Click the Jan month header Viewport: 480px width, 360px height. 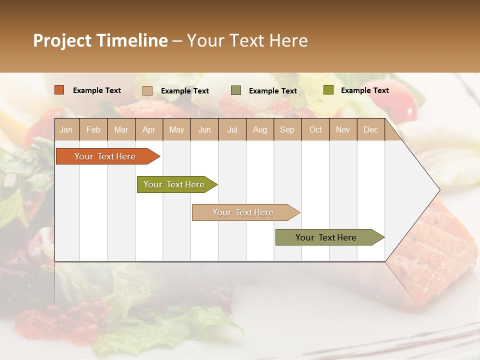[x=66, y=129]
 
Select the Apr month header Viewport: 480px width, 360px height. [x=148, y=129]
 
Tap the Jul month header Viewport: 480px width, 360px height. [x=232, y=129]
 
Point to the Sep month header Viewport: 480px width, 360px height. [x=287, y=129]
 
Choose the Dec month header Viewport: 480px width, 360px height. [x=370, y=129]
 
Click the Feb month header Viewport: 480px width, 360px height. [x=93, y=129]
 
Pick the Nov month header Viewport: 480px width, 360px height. [x=343, y=129]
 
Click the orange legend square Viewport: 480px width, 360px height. [x=59, y=90]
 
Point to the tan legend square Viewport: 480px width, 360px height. [x=147, y=90]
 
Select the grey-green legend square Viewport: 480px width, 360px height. [x=236, y=90]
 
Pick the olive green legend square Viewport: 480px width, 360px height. [x=328, y=90]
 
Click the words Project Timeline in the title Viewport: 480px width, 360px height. [x=100, y=40]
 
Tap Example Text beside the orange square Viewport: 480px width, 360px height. [x=97, y=90]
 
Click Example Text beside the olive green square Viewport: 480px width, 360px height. [x=365, y=90]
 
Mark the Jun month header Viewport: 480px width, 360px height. [x=204, y=129]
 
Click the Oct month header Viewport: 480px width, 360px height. [x=315, y=129]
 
